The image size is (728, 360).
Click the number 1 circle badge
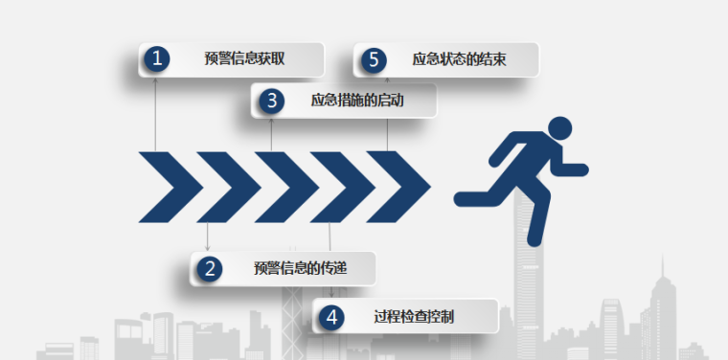156,59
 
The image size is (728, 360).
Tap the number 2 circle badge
208,269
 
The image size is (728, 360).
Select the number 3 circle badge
272,100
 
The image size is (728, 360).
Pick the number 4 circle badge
330,317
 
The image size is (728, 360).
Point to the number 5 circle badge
373,60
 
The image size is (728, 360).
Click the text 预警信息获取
244,59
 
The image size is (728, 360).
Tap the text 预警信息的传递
300,269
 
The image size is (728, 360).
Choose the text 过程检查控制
414,317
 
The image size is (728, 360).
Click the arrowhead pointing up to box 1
155,80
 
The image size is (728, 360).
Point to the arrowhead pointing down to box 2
208,249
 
